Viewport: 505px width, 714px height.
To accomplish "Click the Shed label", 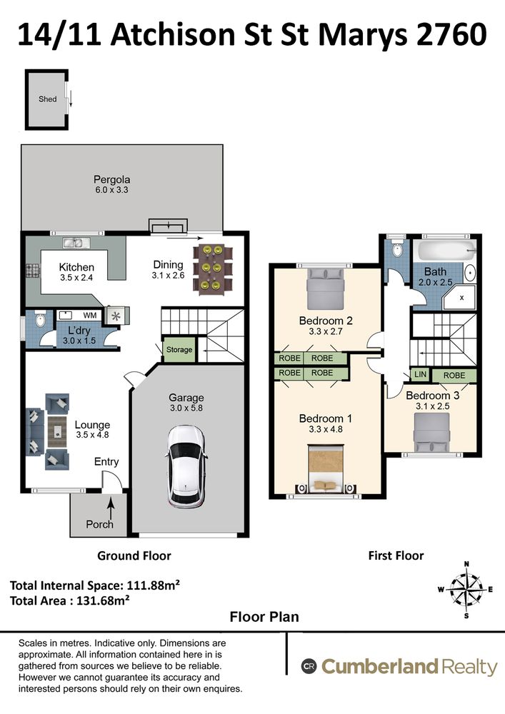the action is (x=47, y=99).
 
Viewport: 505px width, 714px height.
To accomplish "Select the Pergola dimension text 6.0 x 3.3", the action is (x=111, y=190).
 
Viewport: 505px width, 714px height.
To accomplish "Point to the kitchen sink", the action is (x=72, y=243).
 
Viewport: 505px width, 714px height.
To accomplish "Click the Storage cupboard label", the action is (x=179, y=350).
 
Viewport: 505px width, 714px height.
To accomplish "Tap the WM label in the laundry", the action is (x=90, y=315).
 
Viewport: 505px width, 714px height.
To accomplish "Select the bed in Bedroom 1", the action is (x=326, y=468).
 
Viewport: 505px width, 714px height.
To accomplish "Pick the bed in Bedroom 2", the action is (x=325, y=288).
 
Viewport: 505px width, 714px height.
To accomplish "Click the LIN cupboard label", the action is (x=420, y=374).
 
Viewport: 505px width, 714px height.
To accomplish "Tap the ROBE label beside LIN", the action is (x=454, y=376).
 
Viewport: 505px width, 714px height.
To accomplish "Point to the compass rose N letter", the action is (x=466, y=564).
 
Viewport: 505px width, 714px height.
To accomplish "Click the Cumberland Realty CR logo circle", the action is (x=309, y=667).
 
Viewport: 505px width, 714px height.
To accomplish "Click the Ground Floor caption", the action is (x=134, y=555).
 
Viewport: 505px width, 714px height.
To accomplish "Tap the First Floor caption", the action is (x=396, y=555).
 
